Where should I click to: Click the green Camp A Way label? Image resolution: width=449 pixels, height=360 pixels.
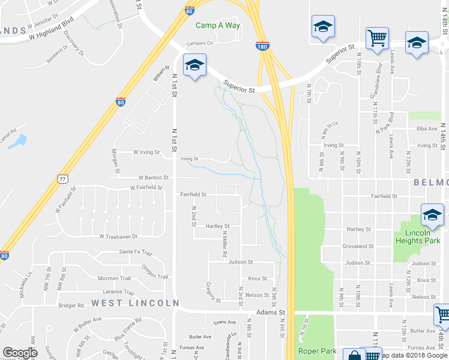point(218,25)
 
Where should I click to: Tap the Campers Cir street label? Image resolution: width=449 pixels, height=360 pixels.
point(200,43)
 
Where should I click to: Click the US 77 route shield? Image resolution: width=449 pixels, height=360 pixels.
point(62,178)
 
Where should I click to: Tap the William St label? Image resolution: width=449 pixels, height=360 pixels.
point(158,74)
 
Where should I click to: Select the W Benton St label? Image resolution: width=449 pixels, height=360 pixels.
point(152,178)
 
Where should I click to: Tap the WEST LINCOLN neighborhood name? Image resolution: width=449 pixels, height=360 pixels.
point(136,303)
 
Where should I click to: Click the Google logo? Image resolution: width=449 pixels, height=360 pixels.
point(20,353)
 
